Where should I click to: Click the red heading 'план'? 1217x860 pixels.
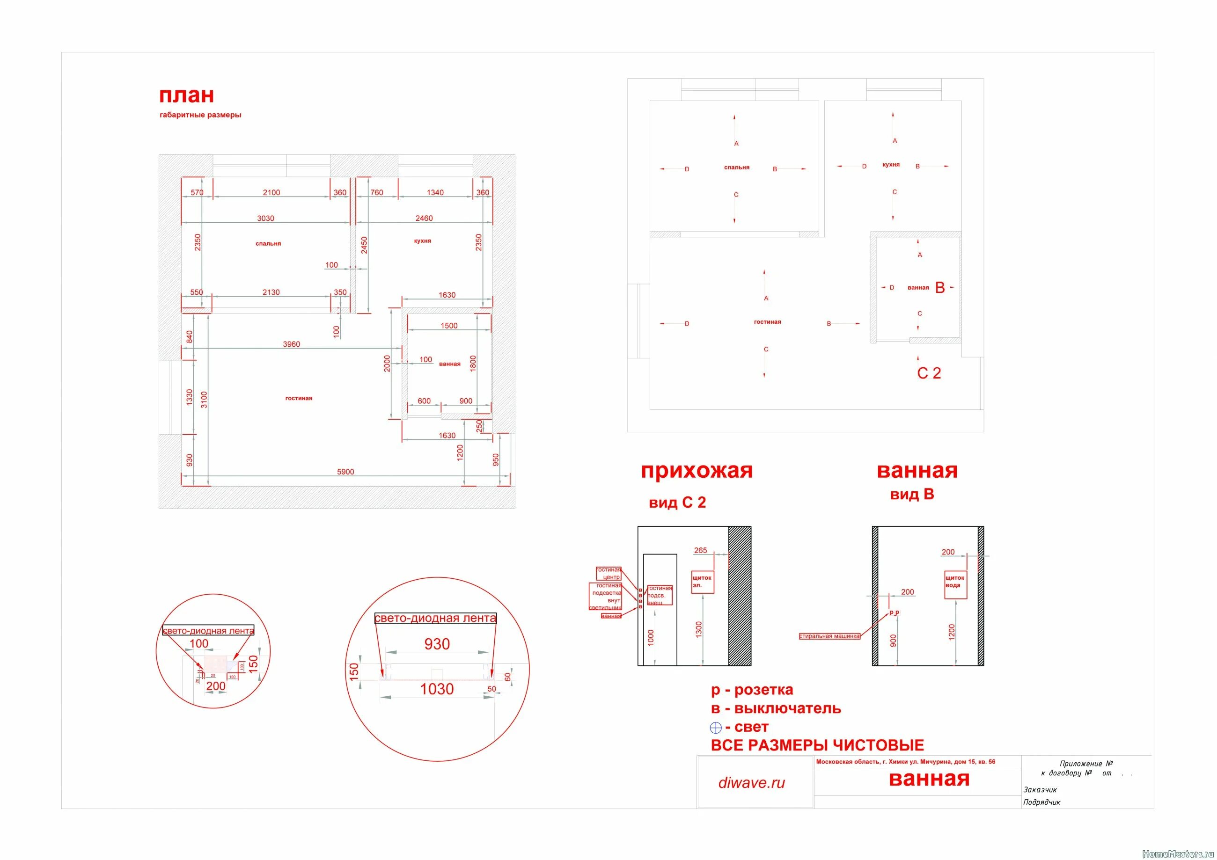(x=187, y=95)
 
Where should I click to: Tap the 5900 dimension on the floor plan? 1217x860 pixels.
(x=345, y=472)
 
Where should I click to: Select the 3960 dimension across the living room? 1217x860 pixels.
(x=291, y=344)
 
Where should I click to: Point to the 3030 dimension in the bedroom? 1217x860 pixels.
(x=265, y=219)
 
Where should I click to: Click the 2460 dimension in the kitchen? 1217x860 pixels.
(x=424, y=219)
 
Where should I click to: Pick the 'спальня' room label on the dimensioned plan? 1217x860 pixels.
(x=268, y=244)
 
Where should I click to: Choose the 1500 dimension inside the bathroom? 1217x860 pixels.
(x=448, y=326)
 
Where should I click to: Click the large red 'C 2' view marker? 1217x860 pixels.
(x=929, y=373)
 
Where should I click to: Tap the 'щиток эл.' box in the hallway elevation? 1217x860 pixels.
(x=702, y=581)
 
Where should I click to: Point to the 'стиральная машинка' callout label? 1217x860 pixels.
(x=829, y=636)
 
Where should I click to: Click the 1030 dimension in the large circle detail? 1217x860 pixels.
(x=437, y=689)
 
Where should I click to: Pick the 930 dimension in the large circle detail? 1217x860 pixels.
(x=437, y=644)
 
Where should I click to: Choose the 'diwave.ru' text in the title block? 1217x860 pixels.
(x=751, y=783)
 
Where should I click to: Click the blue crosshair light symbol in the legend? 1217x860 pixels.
(x=716, y=728)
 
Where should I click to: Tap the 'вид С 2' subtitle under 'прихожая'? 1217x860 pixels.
(x=677, y=503)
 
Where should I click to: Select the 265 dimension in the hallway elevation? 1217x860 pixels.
(x=700, y=551)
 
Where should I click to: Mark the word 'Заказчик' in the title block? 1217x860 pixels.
(x=1040, y=789)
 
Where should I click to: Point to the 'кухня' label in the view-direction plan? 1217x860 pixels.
(x=891, y=165)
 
